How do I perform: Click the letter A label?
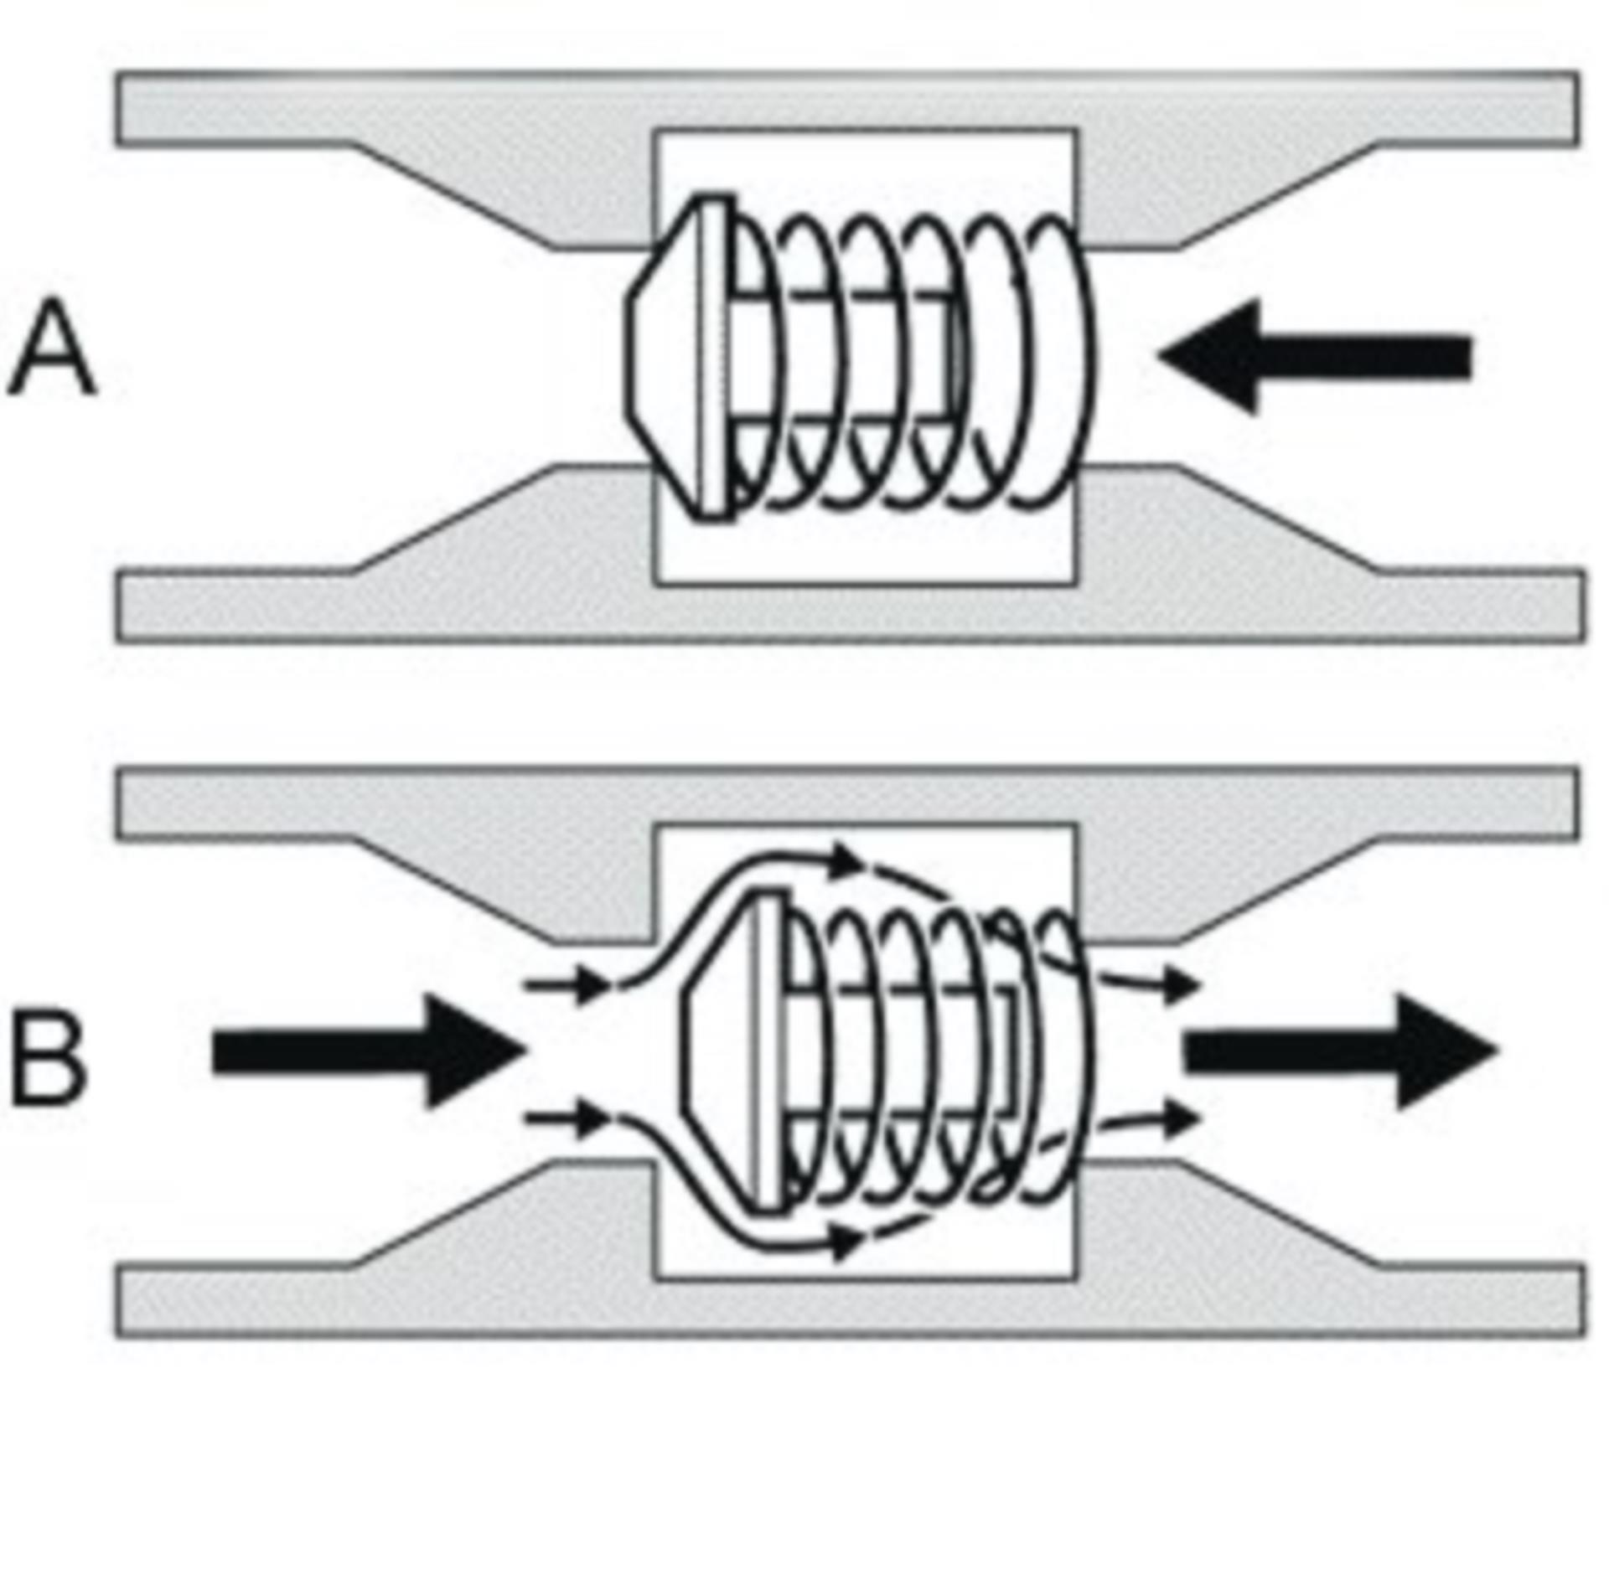pos(52,350)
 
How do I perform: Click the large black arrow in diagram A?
pos(1316,357)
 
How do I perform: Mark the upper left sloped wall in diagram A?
pos(453,197)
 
